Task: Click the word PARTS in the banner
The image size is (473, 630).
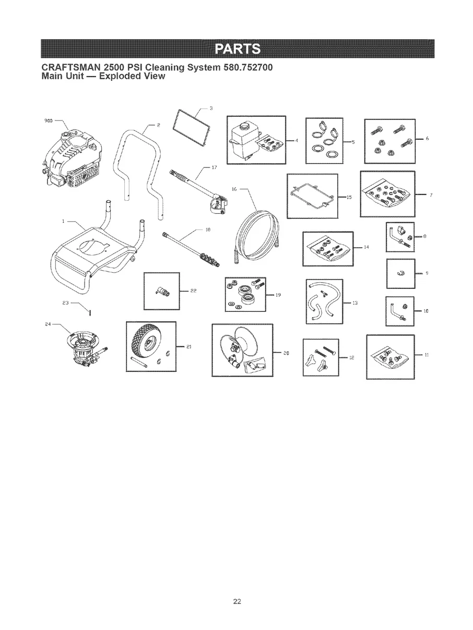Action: click(238, 49)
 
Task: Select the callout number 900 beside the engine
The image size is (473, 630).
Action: click(48, 121)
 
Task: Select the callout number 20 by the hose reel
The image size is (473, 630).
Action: click(286, 353)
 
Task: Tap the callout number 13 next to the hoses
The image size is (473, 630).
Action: click(355, 303)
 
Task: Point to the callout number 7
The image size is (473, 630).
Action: click(431, 196)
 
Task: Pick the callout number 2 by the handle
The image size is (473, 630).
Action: click(159, 125)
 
